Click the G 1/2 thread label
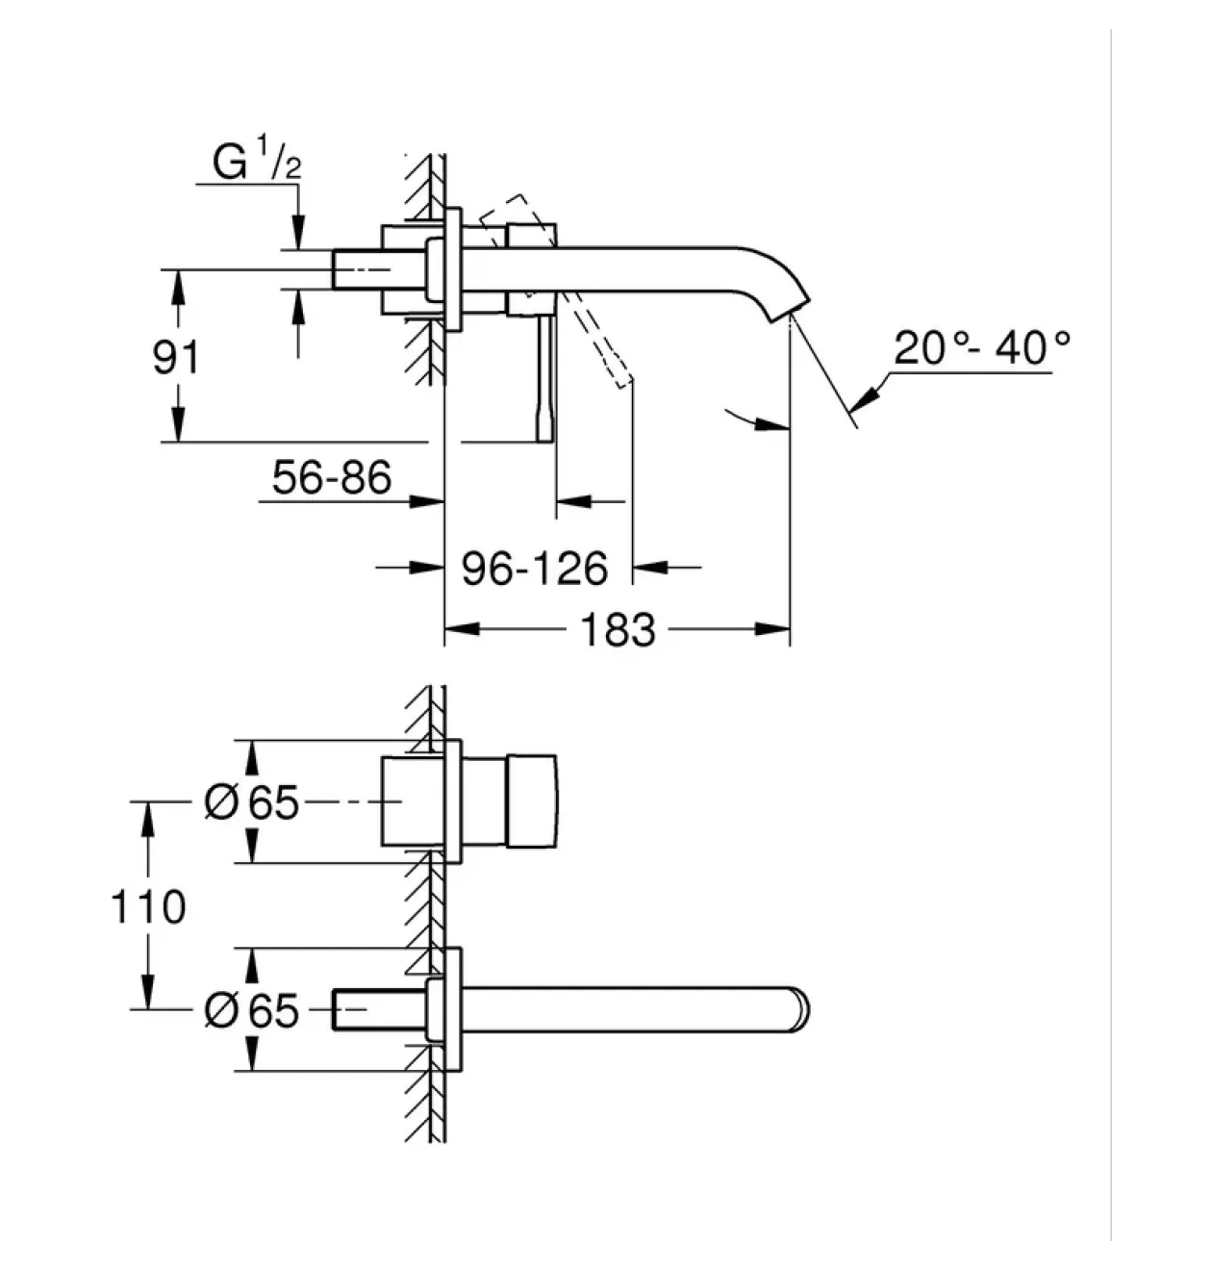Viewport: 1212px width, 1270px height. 257,158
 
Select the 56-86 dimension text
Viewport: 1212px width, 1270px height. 332,477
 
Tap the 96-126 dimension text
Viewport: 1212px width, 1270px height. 535,570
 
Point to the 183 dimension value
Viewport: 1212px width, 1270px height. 619,630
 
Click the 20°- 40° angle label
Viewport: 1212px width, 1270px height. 981,348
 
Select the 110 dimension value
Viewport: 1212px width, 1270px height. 148,907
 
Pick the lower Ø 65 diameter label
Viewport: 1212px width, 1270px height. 251,1011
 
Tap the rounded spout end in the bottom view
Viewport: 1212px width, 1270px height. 801,1010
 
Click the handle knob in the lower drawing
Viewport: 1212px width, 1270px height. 531,801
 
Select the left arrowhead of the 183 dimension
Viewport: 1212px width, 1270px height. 462,629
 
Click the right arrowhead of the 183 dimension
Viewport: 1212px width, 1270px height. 772,629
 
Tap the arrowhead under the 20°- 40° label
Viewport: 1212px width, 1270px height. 865,396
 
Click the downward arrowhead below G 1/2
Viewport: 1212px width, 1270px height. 298,232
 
